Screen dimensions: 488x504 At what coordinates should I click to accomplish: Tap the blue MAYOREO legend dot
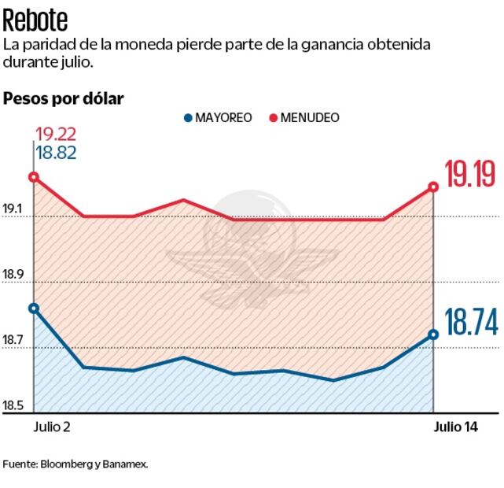[x=187, y=118]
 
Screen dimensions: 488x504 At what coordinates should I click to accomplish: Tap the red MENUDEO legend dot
[x=274, y=118]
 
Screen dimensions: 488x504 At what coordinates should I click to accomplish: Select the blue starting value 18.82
[x=56, y=153]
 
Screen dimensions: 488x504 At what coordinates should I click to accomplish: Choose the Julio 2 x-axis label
[x=52, y=427]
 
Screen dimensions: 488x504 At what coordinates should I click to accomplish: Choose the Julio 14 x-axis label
[x=456, y=427]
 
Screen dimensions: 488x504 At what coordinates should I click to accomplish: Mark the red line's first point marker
[x=33, y=177]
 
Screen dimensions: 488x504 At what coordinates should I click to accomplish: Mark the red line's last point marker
[x=433, y=187]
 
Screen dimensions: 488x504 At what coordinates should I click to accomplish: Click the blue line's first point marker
[x=33, y=308]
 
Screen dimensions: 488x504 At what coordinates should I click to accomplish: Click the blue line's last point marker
[x=433, y=335]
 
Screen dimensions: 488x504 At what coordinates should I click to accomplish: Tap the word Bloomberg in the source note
[x=67, y=464]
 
